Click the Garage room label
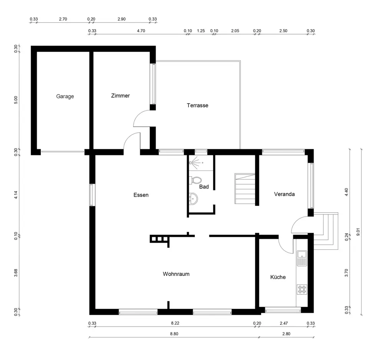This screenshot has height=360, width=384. tap(65, 96)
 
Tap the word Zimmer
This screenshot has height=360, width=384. tap(120, 96)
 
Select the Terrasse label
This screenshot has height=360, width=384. tap(197, 106)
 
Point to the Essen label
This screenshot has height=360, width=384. tap(141, 195)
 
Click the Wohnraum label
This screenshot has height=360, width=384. tap(176, 274)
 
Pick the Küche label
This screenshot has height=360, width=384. tap(278, 277)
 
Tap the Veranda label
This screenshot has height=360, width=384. tap(284, 194)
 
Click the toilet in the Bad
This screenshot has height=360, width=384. tap(195, 180)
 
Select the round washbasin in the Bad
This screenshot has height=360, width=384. tap(193, 199)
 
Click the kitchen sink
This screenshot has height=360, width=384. tap(302, 258)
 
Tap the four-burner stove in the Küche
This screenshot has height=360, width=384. tap(302, 289)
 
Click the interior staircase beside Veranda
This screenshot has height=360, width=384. tap(245, 189)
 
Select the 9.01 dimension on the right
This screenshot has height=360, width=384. tap(358, 232)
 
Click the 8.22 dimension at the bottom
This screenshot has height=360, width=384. tap(175, 323)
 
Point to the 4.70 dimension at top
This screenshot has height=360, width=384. tap(141, 31)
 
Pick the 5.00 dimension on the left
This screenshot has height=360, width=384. tap(16, 100)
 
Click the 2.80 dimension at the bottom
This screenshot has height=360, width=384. tap(286, 334)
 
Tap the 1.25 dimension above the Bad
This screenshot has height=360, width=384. tap(201, 31)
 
